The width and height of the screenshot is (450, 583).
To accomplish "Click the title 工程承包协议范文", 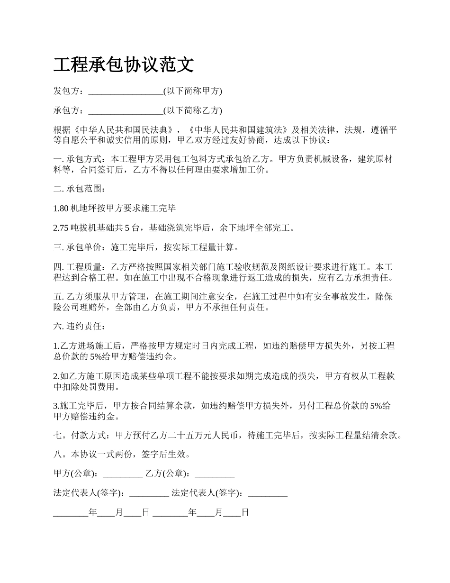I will coord(124,65).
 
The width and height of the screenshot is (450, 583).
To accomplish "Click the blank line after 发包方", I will coord(126,91).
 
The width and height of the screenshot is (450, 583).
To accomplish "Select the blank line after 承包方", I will coord(126,111).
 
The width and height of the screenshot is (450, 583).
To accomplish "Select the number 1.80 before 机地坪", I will coord(61,208).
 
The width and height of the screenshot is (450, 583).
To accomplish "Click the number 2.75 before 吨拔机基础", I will coord(61,228).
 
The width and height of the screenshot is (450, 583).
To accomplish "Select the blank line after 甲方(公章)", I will coord(122,474).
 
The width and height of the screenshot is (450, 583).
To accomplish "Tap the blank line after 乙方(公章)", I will coord(215,474).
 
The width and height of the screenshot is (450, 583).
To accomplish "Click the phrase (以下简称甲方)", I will coord(193,91).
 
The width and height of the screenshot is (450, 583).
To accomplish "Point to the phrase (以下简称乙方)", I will coord(193,111).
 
